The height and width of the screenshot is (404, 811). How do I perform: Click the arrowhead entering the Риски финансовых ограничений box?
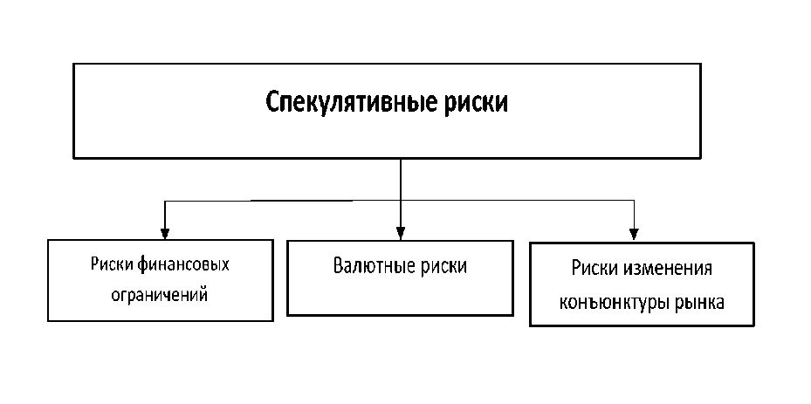pyautogui.click(x=165, y=233)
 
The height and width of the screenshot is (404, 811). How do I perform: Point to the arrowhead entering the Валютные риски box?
pyautogui.click(x=400, y=234)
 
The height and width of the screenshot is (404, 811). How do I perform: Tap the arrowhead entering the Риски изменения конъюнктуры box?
pyautogui.click(x=636, y=233)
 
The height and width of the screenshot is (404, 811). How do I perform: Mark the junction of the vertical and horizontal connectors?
pyautogui.click(x=400, y=201)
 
